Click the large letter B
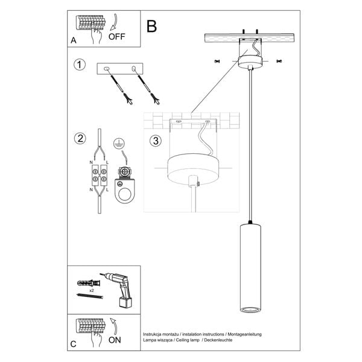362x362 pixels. [151, 27]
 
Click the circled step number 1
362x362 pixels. [78, 64]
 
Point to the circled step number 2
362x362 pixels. [78, 138]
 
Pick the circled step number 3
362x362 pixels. [156, 141]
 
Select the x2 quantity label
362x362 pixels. [92, 291]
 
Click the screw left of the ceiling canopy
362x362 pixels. [218, 61]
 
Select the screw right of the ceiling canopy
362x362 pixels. [279, 61]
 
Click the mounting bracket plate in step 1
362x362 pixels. [121, 70]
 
